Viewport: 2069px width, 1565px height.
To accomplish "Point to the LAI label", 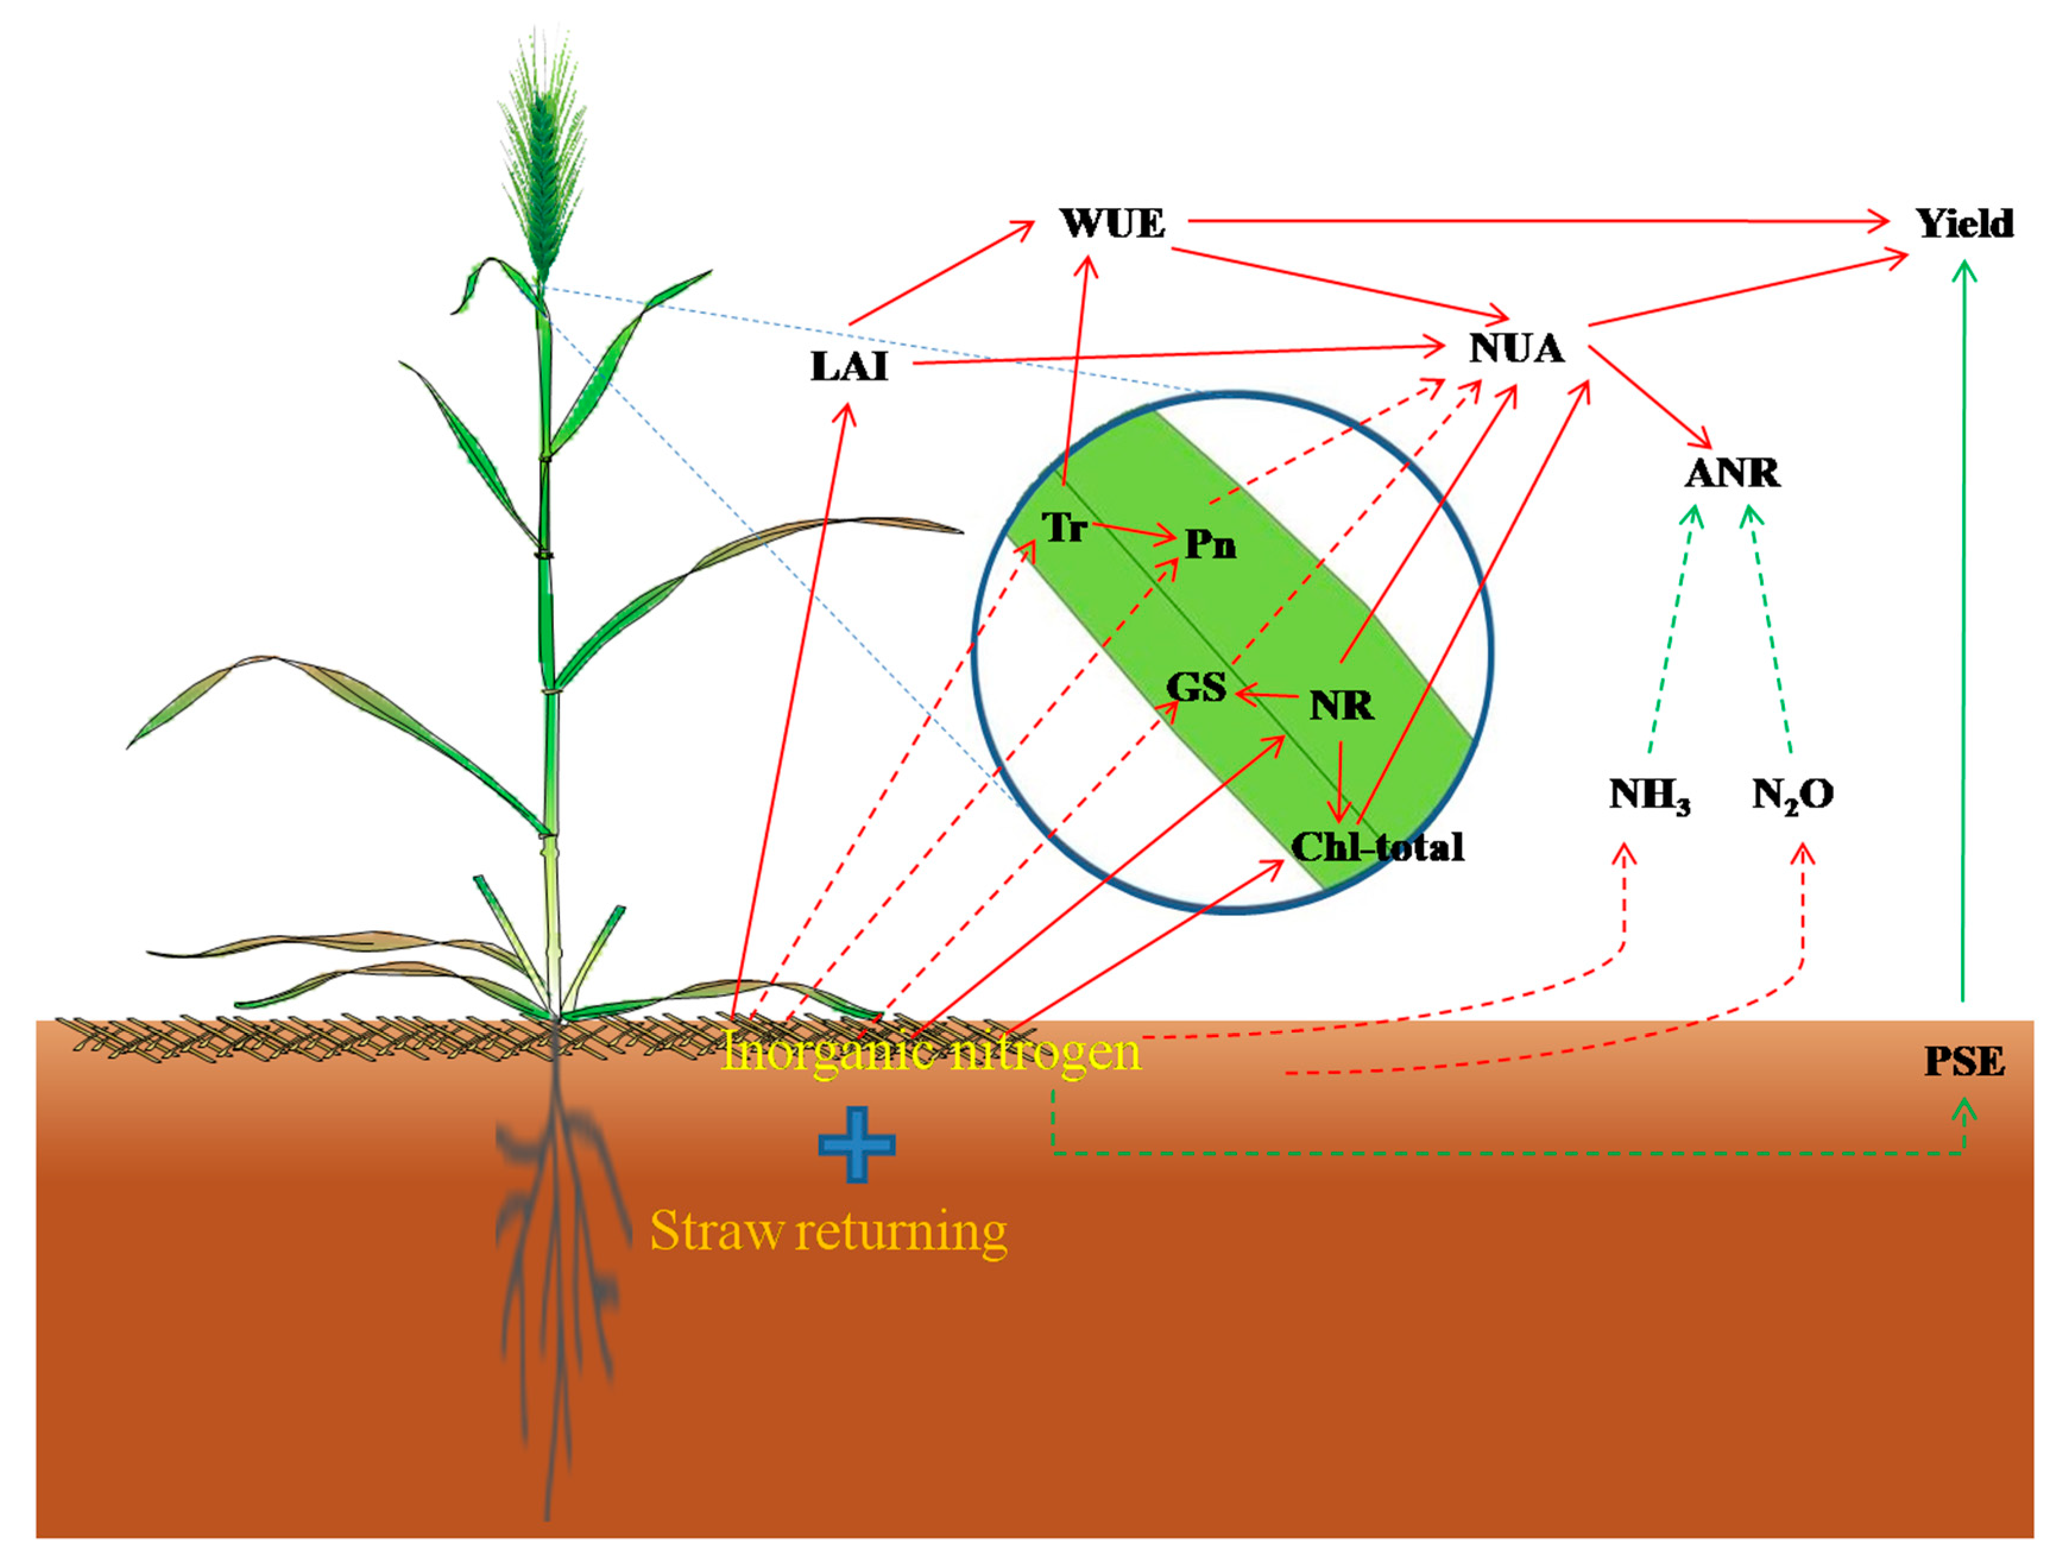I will pyautogui.click(x=849, y=367).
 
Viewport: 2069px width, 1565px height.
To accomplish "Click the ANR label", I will pyautogui.click(x=1732, y=473).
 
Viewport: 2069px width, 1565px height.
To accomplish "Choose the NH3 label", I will pyautogui.click(x=1649, y=795).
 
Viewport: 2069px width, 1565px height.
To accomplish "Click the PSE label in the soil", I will pyautogui.click(x=1964, y=1062).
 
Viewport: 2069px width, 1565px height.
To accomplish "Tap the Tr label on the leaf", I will pyautogui.click(x=1064, y=528).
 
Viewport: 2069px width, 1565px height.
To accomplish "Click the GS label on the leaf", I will pyautogui.click(x=1196, y=688).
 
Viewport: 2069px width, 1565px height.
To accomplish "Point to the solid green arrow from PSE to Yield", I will pyautogui.click(x=1963, y=636).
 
